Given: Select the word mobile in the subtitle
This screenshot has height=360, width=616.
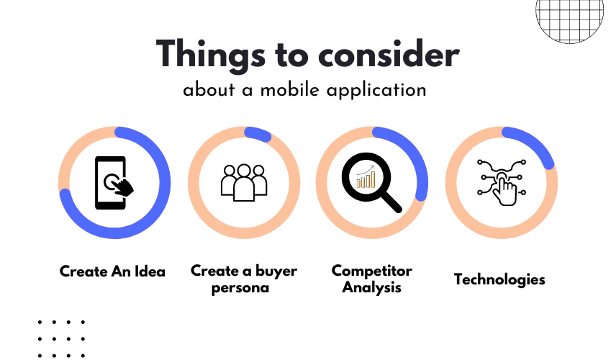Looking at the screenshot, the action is [289, 90].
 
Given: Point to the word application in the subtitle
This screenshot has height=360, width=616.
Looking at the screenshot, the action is [376, 91].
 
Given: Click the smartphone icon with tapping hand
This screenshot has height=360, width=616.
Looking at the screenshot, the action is [114, 183].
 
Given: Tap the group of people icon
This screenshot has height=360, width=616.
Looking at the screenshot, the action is [244, 182].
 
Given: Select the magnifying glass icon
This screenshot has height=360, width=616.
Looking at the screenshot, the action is [371, 183].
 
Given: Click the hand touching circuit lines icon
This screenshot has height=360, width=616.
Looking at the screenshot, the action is [502, 182].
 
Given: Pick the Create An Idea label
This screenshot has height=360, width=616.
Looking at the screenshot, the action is [112, 271].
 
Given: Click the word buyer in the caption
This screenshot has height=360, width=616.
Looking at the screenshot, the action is [276, 271].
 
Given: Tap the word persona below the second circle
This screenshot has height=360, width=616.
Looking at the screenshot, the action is [240, 288].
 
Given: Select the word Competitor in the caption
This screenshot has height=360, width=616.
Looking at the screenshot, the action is [371, 271].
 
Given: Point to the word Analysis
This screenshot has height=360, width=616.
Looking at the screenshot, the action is [371, 287].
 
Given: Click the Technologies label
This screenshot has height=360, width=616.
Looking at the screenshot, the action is [499, 279].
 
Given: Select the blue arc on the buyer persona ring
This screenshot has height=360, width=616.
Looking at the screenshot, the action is [258, 134].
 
